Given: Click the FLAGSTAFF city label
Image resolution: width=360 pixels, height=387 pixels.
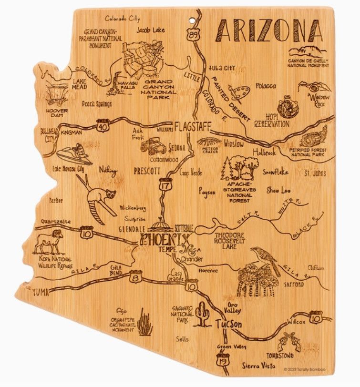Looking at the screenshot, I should [192, 127].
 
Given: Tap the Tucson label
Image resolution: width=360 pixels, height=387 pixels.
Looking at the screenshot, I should [228, 324].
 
